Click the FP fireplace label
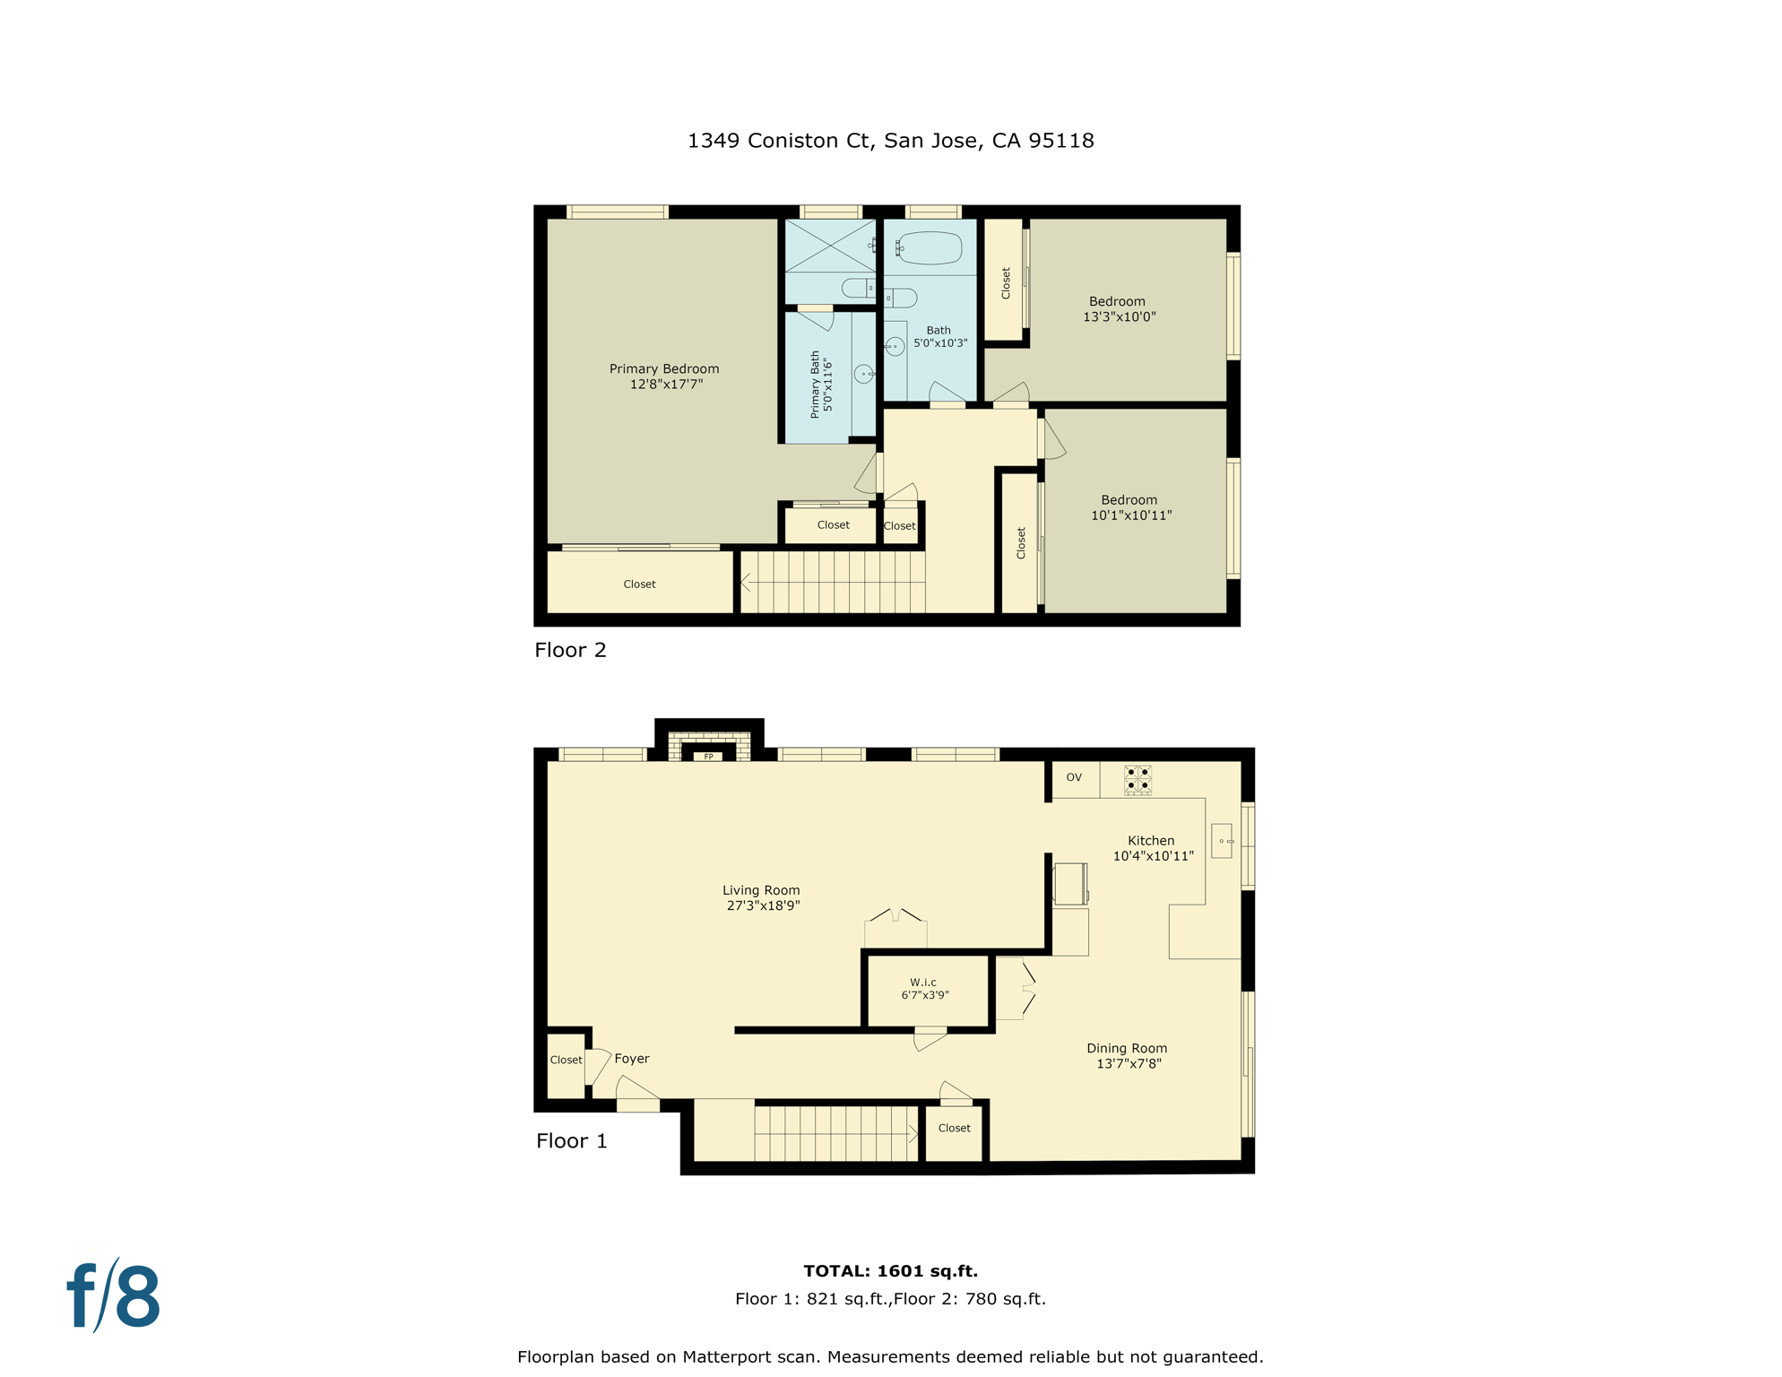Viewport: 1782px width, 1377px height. [708, 757]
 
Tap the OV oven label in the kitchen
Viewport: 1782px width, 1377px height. [1074, 777]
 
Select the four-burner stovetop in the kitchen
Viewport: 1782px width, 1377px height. [1138, 779]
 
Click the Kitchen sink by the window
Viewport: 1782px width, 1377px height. [1222, 841]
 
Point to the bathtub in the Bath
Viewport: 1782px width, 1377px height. [930, 247]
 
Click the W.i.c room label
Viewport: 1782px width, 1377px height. [923, 983]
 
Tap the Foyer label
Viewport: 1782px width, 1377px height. [632, 1059]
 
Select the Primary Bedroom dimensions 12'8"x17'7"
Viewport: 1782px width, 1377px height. [666, 385]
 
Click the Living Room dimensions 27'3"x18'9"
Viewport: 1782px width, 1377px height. [763, 905]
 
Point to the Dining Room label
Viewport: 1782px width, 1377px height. [1127, 1048]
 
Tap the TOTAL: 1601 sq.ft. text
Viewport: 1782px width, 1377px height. [890, 1270]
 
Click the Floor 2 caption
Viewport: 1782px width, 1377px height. [570, 650]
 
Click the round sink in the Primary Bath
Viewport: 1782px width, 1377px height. [863, 374]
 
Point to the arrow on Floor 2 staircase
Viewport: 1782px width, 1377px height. [746, 584]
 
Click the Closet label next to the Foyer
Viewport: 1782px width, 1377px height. [566, 1060]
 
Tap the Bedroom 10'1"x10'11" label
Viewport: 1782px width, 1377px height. [1130, 507]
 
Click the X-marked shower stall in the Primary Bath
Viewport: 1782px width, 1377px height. [830, 245]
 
